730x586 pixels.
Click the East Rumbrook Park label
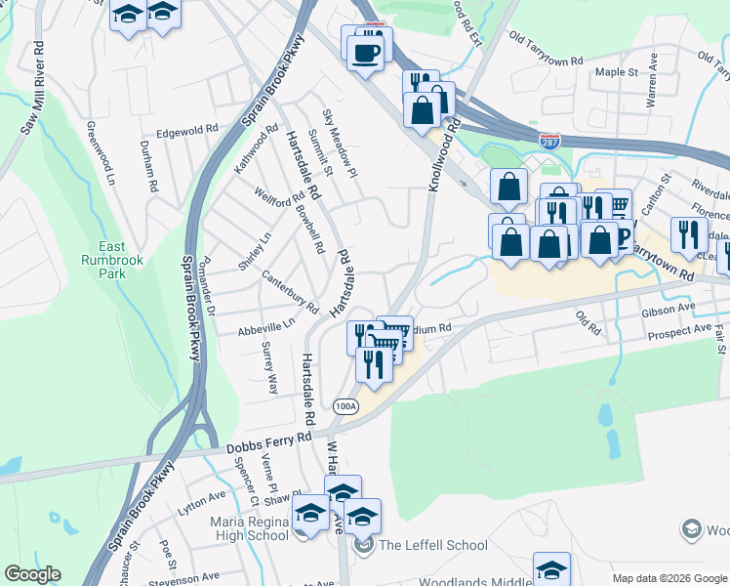tap(118, 260)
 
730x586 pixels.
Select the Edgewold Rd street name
tap(187, 130)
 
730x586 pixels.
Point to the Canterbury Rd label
tap(291, 292)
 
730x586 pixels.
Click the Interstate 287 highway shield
tap(551, 141)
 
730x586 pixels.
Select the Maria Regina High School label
tap(249, 528)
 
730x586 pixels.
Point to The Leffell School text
tap(433, 545)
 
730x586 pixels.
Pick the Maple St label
tap(616, 72)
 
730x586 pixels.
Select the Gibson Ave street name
tap(669, 312)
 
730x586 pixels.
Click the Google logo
tap(32, 574)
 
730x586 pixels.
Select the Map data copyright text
tap(669, 578)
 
